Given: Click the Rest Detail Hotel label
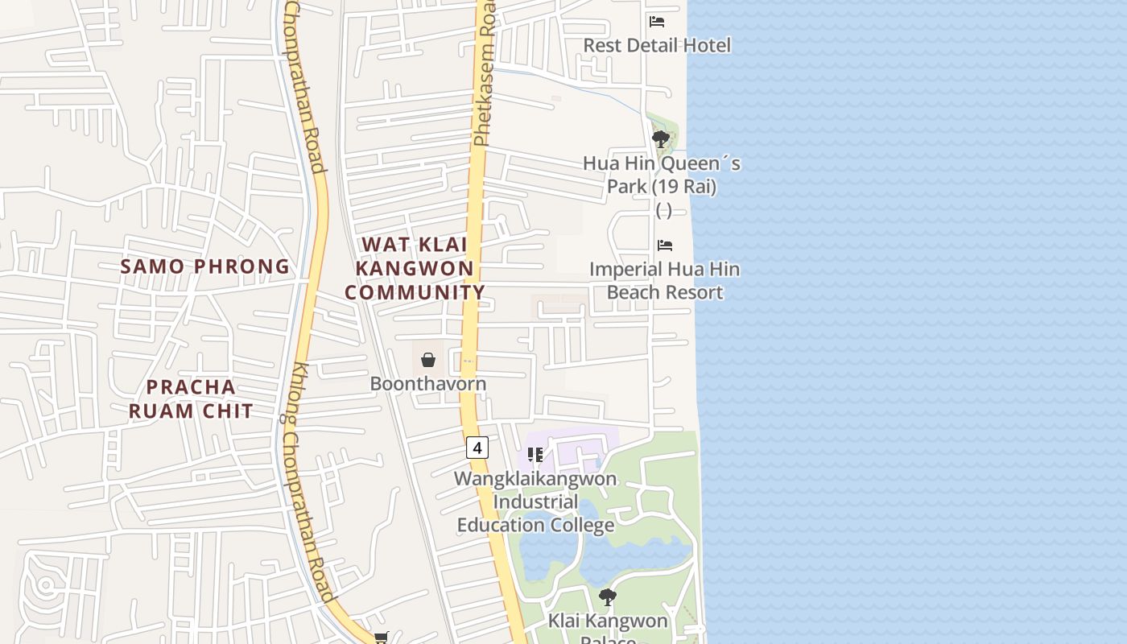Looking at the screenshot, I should click(x=657, y=45).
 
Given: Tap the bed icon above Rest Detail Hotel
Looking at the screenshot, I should click(x=657, y=22).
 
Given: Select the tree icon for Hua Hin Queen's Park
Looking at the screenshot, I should click(x=661, y=139).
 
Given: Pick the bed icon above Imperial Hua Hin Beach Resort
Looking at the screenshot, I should click(x=665, y=246).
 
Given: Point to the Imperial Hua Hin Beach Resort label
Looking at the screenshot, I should click(x=665, y=281).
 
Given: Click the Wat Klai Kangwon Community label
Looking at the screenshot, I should click(x=415, y=269).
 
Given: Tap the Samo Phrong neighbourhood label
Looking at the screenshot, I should click(x=204, y=266).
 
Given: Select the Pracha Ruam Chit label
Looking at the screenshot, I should click(x=192, y=399).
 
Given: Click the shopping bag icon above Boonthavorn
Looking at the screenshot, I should click(x=428, y=360).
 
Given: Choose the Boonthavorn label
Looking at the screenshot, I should click(x=428, y=384).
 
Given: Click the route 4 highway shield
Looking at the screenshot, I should click(x=477, y=448).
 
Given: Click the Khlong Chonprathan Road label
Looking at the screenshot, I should click(x=309, y=483).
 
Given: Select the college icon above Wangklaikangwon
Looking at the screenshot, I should click(x=535, y=456).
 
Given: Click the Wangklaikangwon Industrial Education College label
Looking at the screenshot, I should click(x=535, y=502).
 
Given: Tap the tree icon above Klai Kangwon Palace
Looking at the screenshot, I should click(x=608, y=597).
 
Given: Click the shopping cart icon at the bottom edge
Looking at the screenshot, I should click(x=381, y=638).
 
